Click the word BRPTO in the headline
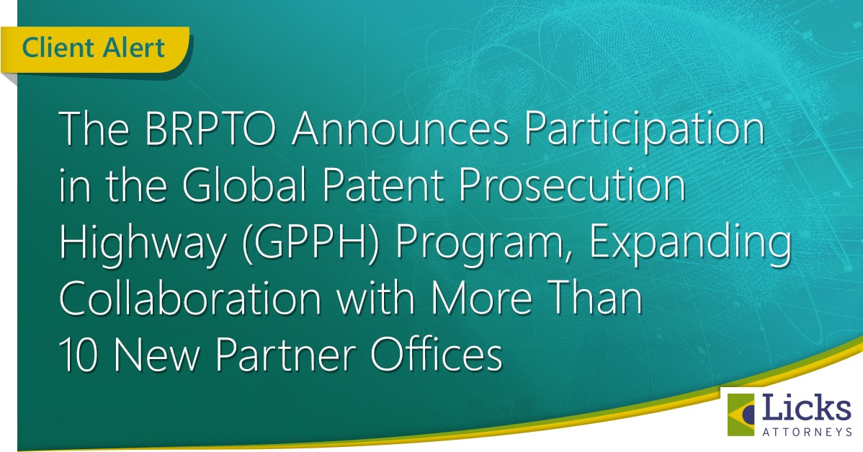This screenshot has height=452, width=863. (211, 129)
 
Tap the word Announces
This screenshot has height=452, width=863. (401, 129)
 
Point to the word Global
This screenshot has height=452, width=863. (244, 185)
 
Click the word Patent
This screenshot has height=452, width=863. (383, 185)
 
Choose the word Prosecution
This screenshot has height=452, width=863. (573, 185)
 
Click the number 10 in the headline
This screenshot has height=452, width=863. (78, 355)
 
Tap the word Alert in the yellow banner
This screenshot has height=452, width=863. (134, 47)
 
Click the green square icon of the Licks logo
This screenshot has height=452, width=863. (741, 415)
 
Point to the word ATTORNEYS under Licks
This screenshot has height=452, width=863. (808, 433)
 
